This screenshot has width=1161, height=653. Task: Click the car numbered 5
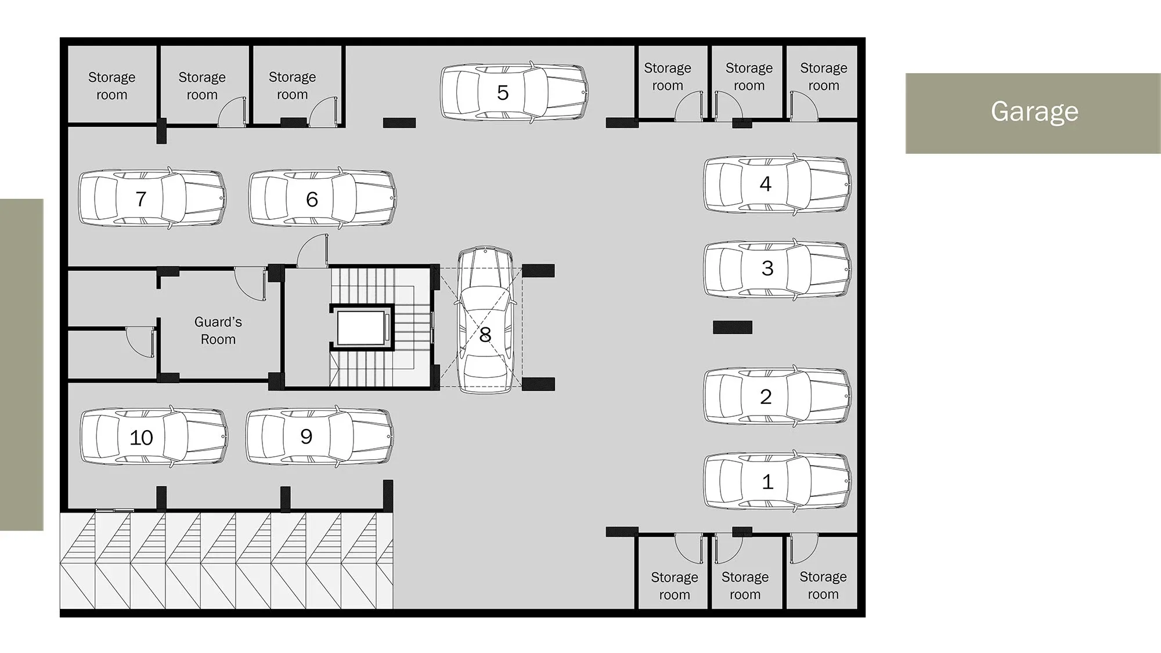(x=514, y=93)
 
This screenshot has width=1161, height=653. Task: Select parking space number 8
(x=485, y=320)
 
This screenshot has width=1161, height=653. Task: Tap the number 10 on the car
(x=141, y=438)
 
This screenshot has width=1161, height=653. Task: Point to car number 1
(x=777, y=482)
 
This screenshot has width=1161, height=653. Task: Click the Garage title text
(x=1034, y=111)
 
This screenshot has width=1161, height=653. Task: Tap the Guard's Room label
(x=218, y=330)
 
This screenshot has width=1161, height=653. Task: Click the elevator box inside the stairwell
(x=361, y=328)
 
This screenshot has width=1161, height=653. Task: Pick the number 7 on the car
(x=140, y=199)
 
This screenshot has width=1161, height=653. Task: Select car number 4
(x=777, y=185)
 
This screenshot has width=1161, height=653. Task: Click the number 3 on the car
(x=767, y=268)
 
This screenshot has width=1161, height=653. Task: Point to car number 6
(x=323, y=199)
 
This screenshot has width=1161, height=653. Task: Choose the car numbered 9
(x=320, y=436)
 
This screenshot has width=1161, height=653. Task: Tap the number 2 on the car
(x=766, y=397)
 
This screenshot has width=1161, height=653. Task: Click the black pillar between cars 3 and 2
(x=733, y=327)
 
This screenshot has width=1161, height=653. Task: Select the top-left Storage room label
(x=111, y=86)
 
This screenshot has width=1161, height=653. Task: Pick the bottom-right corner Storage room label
(x=823, y=585)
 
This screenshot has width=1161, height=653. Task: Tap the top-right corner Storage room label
(x=824, y=77)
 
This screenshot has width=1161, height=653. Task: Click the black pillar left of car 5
(x=399, y=122)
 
